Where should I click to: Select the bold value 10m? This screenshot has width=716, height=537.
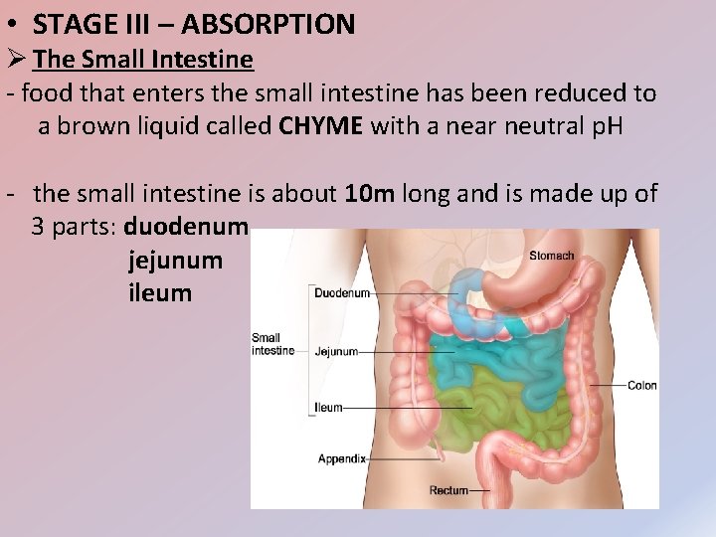pyautogui.click(x=371, y=193)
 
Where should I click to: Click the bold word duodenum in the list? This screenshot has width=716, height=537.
pyautogui.click(x=185, y=226)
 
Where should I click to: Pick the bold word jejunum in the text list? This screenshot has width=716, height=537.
pyautogui.click(x=175, y=261)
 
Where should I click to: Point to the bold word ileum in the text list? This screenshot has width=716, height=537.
pyautogui.click(x=160, y=293)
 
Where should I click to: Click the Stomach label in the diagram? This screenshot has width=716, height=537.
pyautogui.click(x=552, y=256)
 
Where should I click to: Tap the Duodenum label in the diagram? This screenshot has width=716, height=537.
pyautogui.click(x=342, y=293)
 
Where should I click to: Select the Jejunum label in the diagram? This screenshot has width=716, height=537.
pyautogui.click(x=335, y=351)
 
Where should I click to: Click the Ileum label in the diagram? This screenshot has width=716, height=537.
pyautogui.click(x=328, y=408)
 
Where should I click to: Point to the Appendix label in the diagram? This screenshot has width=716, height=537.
pyautogui.click(x=342, y=458)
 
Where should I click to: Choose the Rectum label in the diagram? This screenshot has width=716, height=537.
pyautogui.click(x=448, y=490)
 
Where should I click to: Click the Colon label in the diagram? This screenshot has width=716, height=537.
pyautogui.click(x=642, y=385)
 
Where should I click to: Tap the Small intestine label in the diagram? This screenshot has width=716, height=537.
pyautogui.click(x=272, y=344)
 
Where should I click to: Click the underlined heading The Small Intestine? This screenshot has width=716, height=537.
pyautogui.click(x=143, y=60)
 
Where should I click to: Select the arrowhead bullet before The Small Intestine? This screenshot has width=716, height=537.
pyautogui.click(x=17, y=60)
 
